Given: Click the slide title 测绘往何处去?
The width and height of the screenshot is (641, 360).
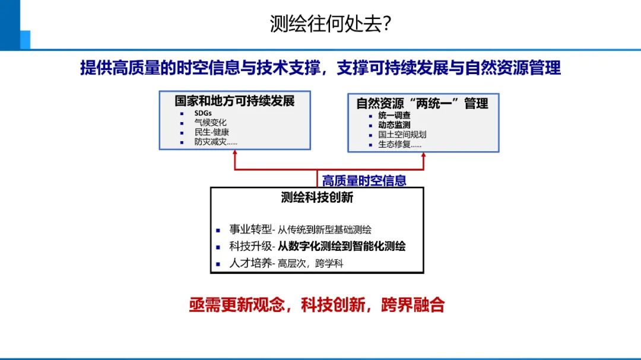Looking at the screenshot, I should click(330, 24).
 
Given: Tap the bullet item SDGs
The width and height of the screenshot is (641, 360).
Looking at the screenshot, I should click(203, 113).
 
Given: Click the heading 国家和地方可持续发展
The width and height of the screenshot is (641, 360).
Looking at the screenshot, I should click(234, 101).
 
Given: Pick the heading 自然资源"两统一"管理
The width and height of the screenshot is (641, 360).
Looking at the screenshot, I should click(422, 103).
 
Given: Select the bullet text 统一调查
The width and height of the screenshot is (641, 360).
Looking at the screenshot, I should click(394, 115).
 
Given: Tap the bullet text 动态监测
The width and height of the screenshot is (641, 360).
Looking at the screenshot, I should click(394, 125).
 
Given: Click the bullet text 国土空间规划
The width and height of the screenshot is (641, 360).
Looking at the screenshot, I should click(402, 134).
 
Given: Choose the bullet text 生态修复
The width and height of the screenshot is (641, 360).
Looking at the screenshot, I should click(399, 144).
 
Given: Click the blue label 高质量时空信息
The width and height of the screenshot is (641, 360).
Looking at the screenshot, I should click(364, 180).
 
